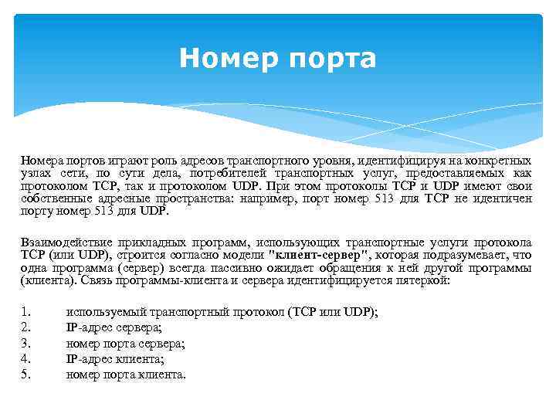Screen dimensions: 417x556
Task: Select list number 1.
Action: pos(25,312)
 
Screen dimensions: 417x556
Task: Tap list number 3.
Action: pos(25,343)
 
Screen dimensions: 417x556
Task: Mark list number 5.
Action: pos(25,375)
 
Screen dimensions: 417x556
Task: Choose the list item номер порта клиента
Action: pos(127,375)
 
